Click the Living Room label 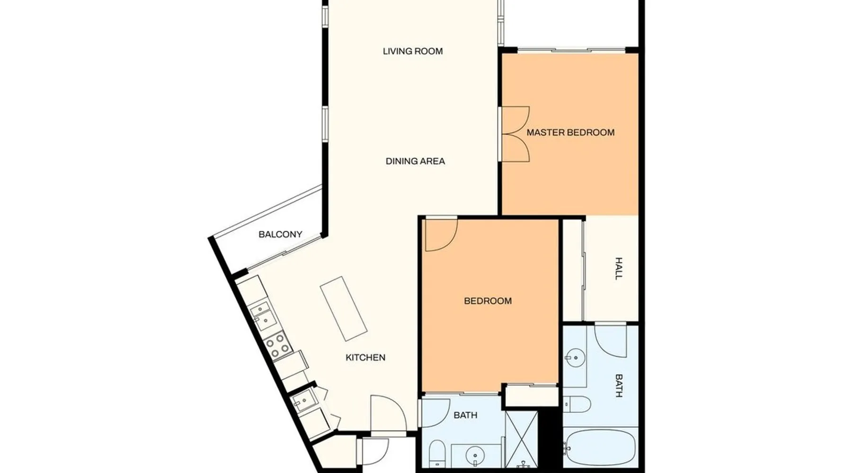click(413, 51)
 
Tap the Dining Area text click(415, 161)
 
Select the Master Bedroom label click(570, 132)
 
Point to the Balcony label click(280, 234)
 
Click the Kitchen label click(365, 358)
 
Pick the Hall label click(619, 269)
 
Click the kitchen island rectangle click(344, 309)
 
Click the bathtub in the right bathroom click(601, 447)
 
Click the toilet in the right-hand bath click(577, 404)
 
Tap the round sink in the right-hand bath click(575, 358)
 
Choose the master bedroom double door click(515, 134)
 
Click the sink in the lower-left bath click(475, 456)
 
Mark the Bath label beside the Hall click(619, 385)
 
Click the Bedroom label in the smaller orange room click(488, 301)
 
